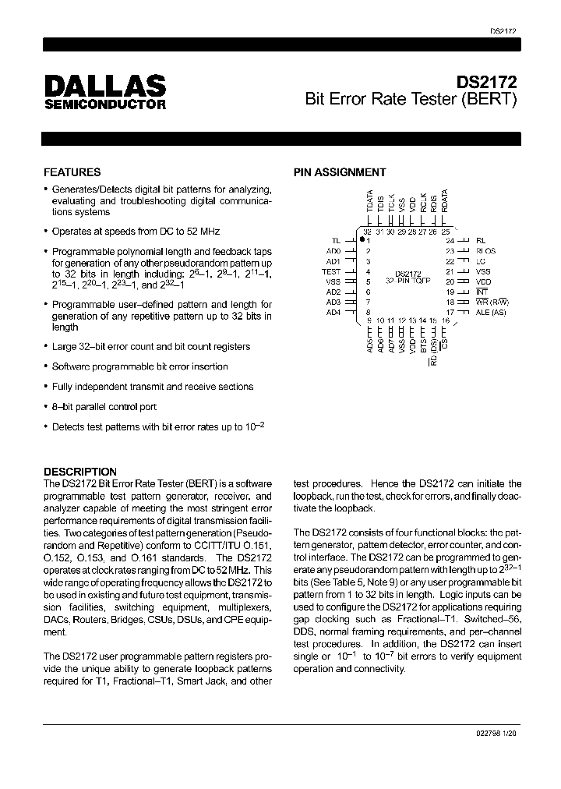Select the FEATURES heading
pyautogui.click(x=72, y=172)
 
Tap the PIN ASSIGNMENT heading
pyautogui.click(x=339, y=172)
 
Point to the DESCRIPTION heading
pyautogui.click(x=79, y=472)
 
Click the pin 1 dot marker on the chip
pyautogui.click(x=362, y=240)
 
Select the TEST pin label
pyautogui.click(x=331, y=271)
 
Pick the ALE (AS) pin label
pyautogui.click(x=492, y=312)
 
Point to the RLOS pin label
pyautogui.click(x=485, y=251)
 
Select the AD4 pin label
pyautogui.click(x=333, y=312)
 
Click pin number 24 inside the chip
pyautogui.click(x=450, y=241)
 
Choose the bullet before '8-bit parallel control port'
pyautogui.click(x=46, y=407)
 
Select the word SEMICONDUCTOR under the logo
pyautogui.click(x=104, y=104)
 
